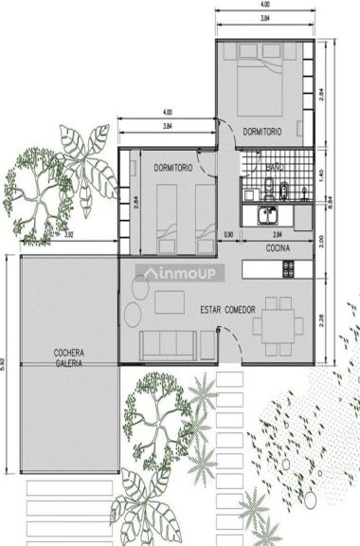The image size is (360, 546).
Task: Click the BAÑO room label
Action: point(275,166)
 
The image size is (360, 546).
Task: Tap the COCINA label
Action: point(278,247)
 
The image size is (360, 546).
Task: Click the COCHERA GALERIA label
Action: point(68,357)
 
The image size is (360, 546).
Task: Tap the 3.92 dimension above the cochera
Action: point(69,235)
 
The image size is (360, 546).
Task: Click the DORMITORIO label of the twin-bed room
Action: point(173,167)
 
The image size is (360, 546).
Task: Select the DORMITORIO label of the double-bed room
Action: point(261,130)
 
